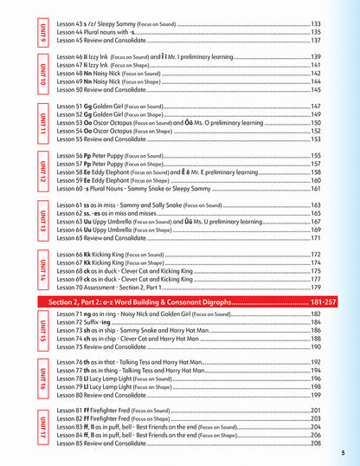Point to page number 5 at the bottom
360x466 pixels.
coord(343,453)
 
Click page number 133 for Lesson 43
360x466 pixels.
coord(316,23)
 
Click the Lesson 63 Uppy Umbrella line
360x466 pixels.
coord(112,221)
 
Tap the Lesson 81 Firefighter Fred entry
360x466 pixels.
coord(112,410)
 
